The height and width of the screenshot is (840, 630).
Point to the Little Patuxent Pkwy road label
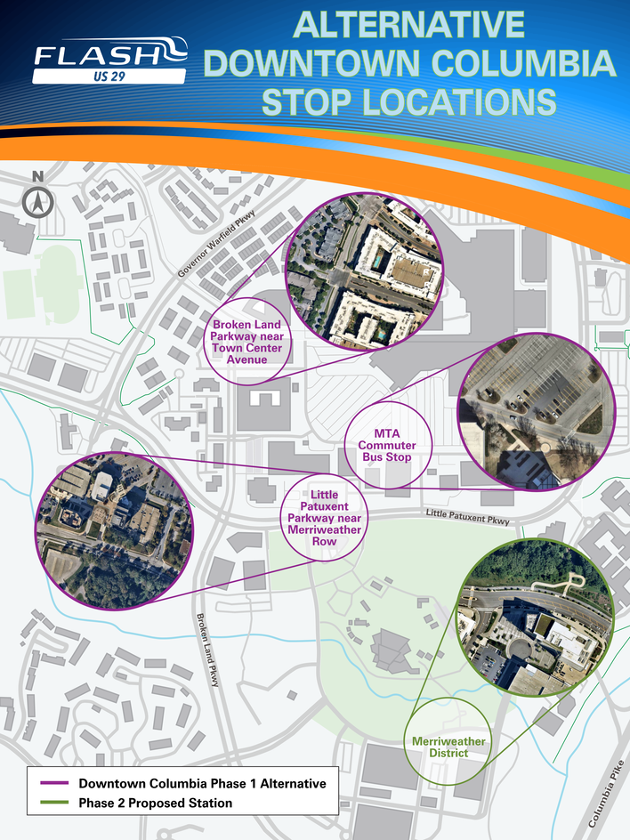click(x=467, y=516)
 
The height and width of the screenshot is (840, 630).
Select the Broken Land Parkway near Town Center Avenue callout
click(x=247, y=342)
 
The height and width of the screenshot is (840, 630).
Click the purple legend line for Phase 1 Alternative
click(x=54, y=784)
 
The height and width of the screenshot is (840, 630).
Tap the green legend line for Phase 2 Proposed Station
click(x=54, y=804)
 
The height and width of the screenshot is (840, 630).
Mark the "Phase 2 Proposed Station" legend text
click(x=155, y=804)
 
